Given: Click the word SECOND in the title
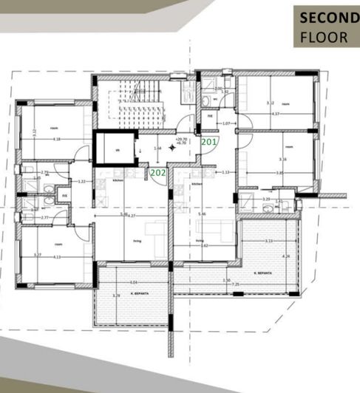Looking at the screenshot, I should pos(323,18).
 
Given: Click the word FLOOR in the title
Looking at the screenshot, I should pos(323,36).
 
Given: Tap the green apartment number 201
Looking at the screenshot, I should pos(209,141).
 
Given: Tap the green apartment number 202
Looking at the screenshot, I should pos(157,172).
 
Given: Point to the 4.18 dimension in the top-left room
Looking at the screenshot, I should pos(56,139).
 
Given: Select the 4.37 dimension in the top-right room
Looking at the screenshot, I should pos(275,115).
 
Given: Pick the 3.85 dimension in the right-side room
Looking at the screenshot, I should pos(279,172).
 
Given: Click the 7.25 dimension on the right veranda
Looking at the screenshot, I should pos(236,284).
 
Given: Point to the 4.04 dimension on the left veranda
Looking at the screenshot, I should pos(133,281).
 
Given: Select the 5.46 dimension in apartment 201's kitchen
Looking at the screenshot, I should pos(203,213).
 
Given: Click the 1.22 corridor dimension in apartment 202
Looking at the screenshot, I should pos(83,181).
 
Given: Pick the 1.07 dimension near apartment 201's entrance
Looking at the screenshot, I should pos(228,123).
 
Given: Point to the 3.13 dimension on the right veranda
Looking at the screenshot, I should pos(270,241).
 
